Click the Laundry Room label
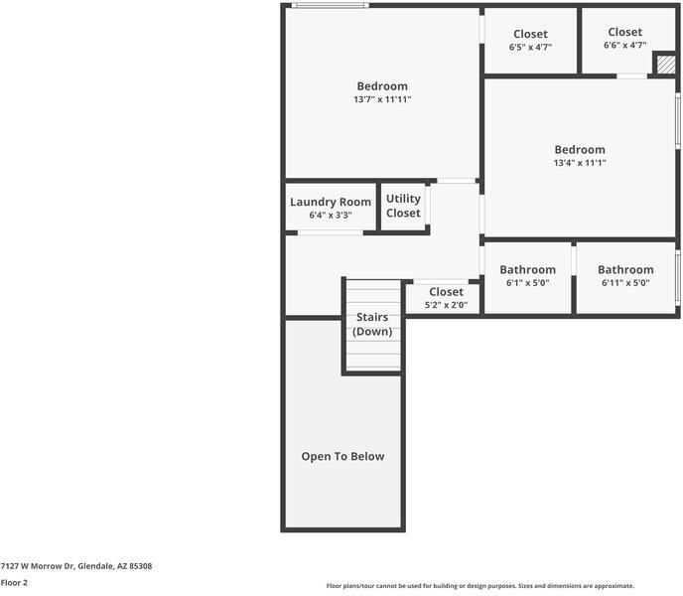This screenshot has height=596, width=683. (331, 202)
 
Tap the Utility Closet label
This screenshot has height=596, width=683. (403, 206)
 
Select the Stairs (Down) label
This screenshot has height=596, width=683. (372, 324)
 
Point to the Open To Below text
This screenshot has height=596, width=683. (342, 457)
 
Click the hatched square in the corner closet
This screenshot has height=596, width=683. (665, 65)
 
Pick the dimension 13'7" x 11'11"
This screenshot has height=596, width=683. (382, 99)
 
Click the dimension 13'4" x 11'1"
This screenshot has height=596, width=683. (580, 163)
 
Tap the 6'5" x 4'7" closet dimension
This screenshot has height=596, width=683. (530, 47)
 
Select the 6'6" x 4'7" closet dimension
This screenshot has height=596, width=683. (625, 45)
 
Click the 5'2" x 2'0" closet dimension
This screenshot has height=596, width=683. (446, 305)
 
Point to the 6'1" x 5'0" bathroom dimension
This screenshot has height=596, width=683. (527, 283)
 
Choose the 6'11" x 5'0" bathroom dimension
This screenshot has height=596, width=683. (625, 283)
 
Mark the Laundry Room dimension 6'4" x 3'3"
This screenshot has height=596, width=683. (331, 215)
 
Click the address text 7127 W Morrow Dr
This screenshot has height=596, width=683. (38, 566)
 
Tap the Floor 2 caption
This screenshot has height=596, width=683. (14, 582)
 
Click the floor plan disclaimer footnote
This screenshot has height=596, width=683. (480, 586)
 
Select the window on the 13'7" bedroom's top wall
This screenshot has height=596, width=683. (331, 5)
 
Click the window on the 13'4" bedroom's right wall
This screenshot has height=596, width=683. (678, 120)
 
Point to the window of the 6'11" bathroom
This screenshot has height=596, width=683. (678, 278)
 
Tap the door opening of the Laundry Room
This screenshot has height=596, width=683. (331, 233)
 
